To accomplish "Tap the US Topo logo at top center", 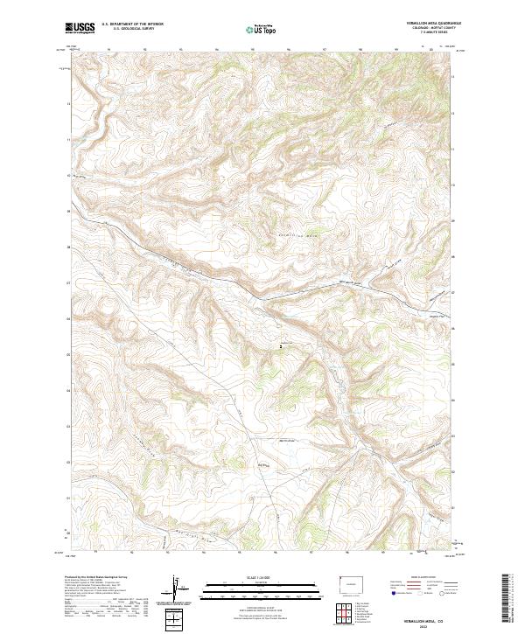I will click(x=262, y=29).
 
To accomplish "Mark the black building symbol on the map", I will click(x=280, y=346).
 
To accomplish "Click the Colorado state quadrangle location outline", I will click(x=347, y=581).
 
